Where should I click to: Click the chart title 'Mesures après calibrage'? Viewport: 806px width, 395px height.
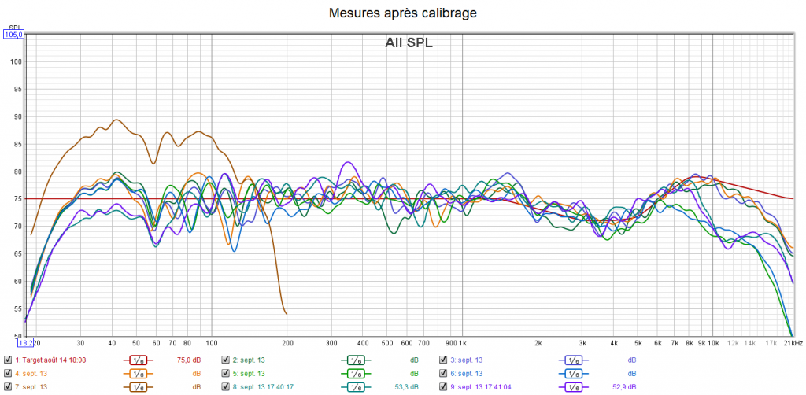(x=402, y=13)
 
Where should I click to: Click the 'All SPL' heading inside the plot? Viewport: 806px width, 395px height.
(x=409, y=42)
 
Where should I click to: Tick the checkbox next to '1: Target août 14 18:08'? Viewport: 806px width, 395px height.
(x=8, y=360)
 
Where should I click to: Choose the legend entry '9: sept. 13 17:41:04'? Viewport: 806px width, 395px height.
(x=482, y=387)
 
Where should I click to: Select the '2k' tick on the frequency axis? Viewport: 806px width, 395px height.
(x=538, y=343)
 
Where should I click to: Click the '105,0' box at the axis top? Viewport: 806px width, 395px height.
(x=14, y=35)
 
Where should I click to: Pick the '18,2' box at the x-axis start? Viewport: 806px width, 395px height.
(x=26, y=343)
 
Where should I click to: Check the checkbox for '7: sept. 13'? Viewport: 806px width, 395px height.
(x=8, y=387)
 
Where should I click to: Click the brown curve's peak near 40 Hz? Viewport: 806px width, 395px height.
(x=116, y=120)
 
